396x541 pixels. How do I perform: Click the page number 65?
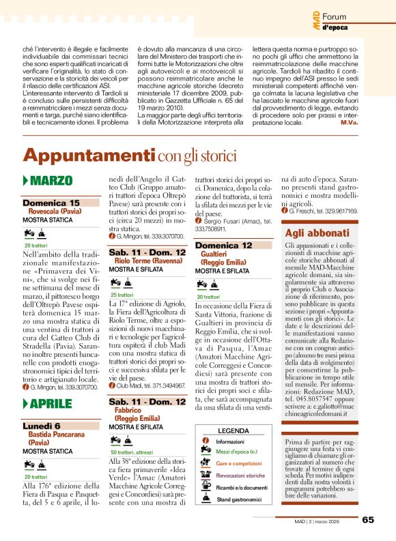coord(367,519)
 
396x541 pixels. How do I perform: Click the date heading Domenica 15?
coord(51,203)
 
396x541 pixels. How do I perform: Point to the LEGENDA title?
coord(233,430)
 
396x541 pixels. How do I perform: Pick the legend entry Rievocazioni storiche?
coord(240,475)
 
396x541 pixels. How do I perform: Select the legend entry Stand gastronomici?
coord(240,499)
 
